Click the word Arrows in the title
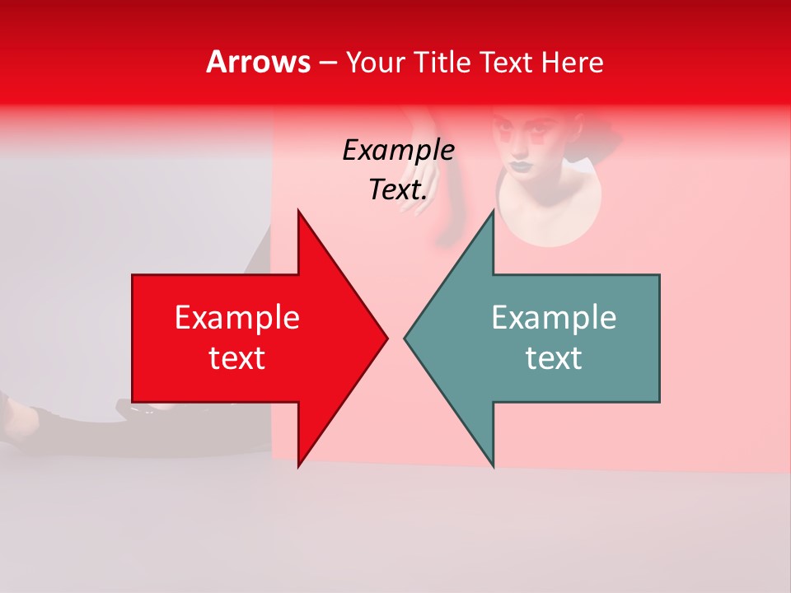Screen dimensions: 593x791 [x=258, y=62]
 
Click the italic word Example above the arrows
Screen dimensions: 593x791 [x=398, y=150]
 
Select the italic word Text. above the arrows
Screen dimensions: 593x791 [x=398, y=190]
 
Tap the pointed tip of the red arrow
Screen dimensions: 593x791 [x=386, y=338]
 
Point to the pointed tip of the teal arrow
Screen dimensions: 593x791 [x=405, y=338]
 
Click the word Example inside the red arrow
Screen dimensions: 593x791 [x=236, y=317]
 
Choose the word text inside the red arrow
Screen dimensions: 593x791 [x=236, y=358]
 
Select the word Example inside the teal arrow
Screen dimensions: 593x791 [x=554, y=317]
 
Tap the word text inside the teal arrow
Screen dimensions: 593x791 [x=554, y=358]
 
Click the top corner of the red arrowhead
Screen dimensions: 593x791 [x=298, y=212]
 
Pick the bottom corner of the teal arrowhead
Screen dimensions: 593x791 [x=494, y=466]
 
